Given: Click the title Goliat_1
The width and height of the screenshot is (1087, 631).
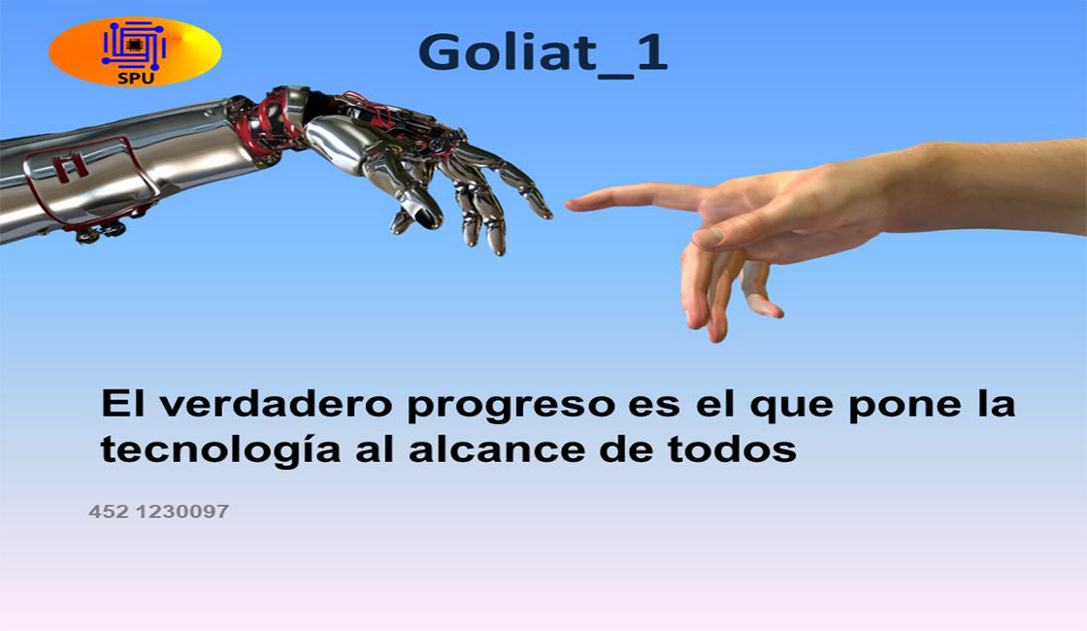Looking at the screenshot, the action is pos(543,52).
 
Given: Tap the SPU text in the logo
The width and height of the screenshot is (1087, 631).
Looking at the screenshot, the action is pos(135,79).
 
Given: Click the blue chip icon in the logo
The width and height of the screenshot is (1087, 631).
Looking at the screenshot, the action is pos(134,45).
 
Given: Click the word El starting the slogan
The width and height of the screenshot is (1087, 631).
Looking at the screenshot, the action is pos(122,404).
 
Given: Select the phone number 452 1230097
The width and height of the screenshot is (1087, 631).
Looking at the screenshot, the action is pos(159,512).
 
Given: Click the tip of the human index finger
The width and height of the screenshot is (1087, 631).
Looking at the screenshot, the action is pos(569,204).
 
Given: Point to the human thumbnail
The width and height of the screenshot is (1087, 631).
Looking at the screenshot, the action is pos(708,236).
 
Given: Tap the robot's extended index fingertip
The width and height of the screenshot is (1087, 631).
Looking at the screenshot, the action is pos(546,212).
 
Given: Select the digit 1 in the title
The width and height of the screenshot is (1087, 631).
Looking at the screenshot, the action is pos(651,51).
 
